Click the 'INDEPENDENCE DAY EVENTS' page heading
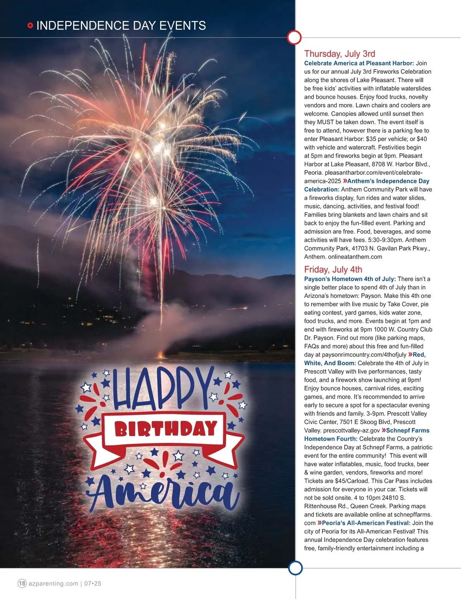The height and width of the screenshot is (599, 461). (x=121, y=26)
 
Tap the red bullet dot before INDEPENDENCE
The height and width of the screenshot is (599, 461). (x=30, y=26)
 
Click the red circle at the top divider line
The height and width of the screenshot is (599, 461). (x=294, y=37)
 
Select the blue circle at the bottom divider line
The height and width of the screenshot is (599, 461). (x=295, y=568)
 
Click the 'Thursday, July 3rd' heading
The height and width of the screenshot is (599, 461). (x=340, y=54)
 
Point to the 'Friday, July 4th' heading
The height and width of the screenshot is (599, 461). (x=333, y=270)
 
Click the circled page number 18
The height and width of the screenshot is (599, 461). (x=22, y=583)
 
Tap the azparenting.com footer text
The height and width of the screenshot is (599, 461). (x=53, y=583)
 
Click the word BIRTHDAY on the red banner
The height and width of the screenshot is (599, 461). (x=166, y=429)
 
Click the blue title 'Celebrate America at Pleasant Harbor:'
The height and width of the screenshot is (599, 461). (x=359, y=63)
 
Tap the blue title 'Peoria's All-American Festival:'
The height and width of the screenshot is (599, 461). (x=366, y=523)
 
